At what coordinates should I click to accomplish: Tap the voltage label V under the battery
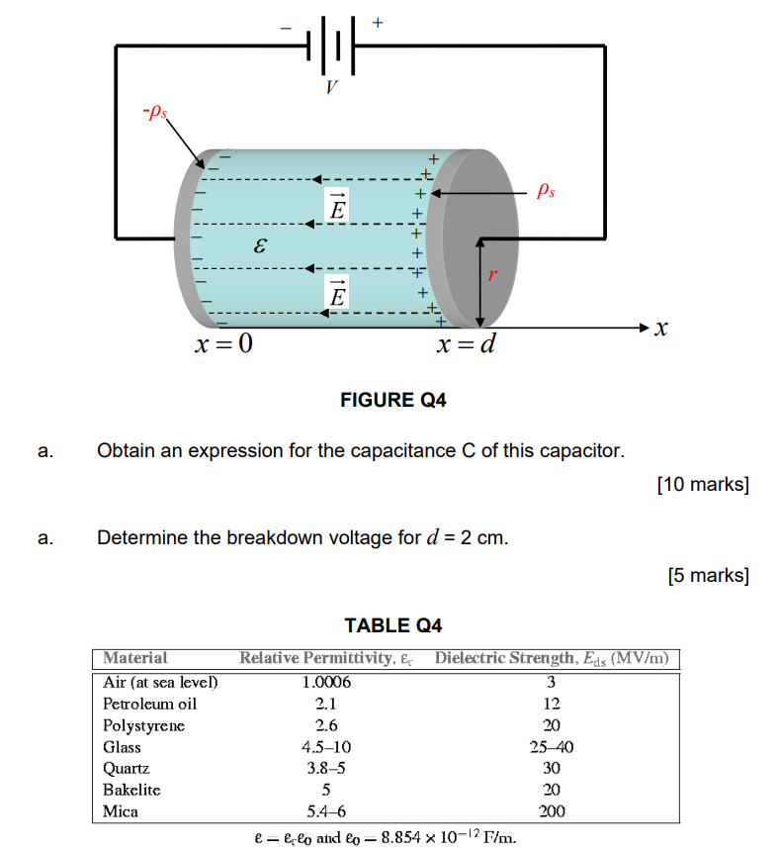[x=332, y=88]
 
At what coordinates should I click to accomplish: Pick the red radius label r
[x=490, y=278]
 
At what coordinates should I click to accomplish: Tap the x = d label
[x=467, y=345]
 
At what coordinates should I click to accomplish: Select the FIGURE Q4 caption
[x=392, y=401]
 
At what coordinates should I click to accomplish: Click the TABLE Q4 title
[x=392, y=625]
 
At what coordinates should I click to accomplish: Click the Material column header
[x=135, y=658]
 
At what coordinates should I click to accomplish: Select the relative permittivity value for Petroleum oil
[x=326, y=704]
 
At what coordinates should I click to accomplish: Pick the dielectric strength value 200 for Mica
[x=552, y=811]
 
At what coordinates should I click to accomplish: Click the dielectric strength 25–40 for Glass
[x=552, y=747]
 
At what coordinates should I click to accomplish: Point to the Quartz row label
[x=127, y=768]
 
